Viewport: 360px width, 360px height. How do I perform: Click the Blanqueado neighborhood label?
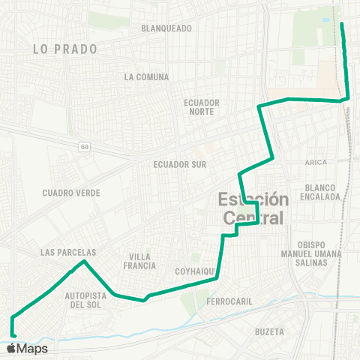[x=166, y=28]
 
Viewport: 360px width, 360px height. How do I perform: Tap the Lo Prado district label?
[x=65, y=49]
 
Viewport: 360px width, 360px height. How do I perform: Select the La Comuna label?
[x=147, y=77]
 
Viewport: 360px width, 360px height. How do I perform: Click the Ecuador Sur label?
[x=179, y=164]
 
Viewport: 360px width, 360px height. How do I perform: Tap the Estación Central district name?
[x=253, y=208]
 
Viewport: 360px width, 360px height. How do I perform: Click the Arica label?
[x=316, y=162]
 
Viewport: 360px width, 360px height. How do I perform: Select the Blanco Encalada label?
[x=319, y=192]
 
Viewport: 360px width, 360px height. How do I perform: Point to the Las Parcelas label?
[x=67, y=253]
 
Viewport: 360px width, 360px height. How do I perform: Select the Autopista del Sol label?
[x=88, y=300]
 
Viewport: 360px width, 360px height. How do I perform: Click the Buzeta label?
[x=268, y=331]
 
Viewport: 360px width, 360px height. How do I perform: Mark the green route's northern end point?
[x=342, y=24]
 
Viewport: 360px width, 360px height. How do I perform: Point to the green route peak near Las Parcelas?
[x=84, y=262]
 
